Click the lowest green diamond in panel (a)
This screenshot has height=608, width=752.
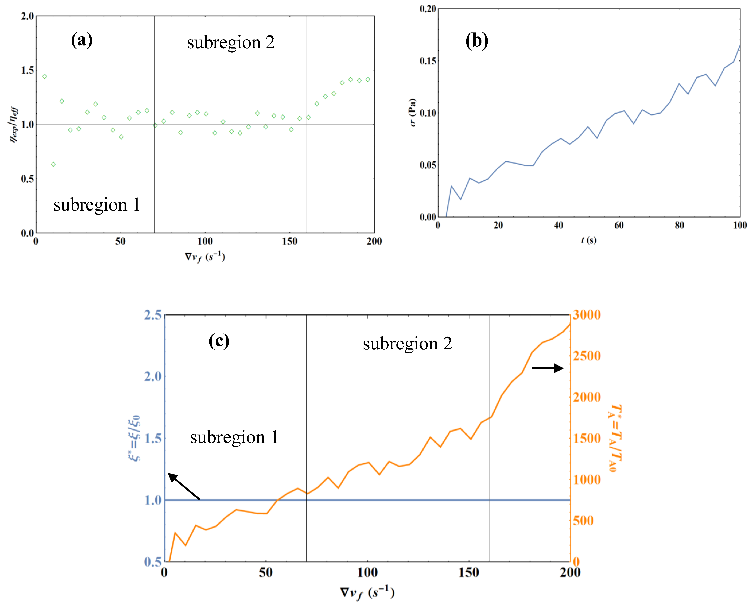click(x=53, y=164)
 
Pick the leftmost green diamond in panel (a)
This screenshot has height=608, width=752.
click(x=45, y=76)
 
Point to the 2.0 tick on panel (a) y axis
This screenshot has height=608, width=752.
click(x=27, y=16)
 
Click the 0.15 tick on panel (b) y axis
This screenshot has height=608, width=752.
click(x=428, y=61)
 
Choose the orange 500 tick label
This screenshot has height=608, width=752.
click(x=583, y=521)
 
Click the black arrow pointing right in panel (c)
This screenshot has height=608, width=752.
click(x=547, y=368)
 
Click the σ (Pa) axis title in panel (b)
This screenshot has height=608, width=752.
click(x=413, y=112)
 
